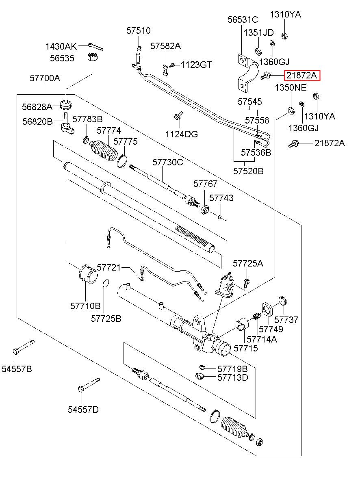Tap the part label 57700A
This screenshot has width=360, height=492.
tap(45, 78)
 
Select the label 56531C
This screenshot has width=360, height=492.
tap(243, 20)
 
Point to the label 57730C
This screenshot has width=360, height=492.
tap(168, 162)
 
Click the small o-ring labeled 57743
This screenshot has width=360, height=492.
tap(219, 216)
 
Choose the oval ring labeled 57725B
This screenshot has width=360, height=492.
tap(105, 283)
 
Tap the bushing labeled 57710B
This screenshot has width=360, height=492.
tap(86, 273)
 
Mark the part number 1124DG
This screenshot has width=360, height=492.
tap(181, 134)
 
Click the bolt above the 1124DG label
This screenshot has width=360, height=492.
tap(177, 116)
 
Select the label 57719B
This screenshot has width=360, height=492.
tap(232, 368)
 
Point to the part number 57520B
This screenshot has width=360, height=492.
tap(248, 171)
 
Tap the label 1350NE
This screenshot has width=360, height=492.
tap(291, 88)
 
